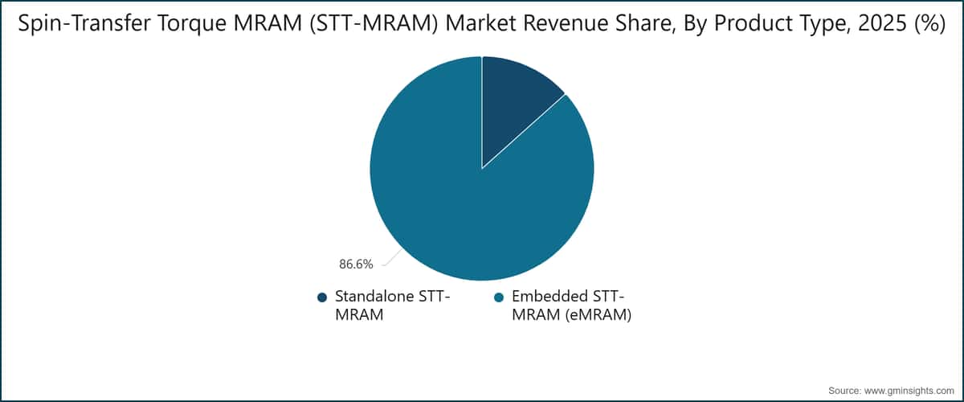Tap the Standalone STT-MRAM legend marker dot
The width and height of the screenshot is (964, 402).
pyautogui.click(x=322, y=297)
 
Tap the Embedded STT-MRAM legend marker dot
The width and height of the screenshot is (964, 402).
pyautogui.click(x=498, y=297)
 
